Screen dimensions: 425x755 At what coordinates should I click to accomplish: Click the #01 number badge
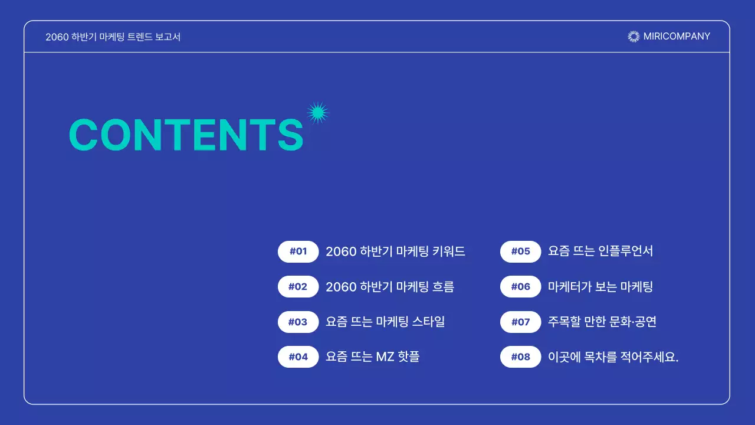(x=298, y=251)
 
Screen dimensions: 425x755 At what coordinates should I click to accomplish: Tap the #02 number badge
(x=298, y=287)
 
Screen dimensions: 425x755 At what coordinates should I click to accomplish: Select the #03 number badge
(x=298, y=322)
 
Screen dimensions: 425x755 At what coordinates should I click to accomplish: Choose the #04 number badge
(x=298, y=357)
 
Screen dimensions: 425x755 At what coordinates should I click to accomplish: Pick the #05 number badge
(x=520, y=251)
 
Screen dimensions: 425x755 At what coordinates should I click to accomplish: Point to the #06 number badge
(x=520, y=287)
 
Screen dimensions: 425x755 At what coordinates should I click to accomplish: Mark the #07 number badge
(x=520, y=322)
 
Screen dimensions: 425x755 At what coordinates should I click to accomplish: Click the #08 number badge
(x=520, y=357)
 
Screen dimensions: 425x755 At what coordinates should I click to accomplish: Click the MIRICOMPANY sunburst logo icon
(x=633, y=37)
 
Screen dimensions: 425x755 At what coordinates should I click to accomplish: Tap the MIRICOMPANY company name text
(x=677, y=37)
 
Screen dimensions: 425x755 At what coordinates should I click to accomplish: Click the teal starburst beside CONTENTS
(x=318, y=113)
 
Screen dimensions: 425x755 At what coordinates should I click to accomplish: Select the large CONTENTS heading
(x=186, y=135)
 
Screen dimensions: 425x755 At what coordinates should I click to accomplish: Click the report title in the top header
(x=113, y=37)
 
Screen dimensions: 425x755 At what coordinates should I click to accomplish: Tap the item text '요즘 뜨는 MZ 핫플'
(x=372, y=357)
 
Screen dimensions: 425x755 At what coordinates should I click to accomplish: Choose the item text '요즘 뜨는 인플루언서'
(x=600, y=251)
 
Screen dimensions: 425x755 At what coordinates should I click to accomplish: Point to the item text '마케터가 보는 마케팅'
(x=600, y=287)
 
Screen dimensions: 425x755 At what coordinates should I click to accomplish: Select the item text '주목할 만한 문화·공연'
(x=602, y=322)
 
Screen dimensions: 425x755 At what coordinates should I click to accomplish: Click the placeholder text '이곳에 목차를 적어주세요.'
(x=613, y=357)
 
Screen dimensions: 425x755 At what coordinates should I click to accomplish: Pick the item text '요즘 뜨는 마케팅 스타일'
(x=385, y=322)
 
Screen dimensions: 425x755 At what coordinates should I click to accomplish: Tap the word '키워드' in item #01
(x=448, y=251)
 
